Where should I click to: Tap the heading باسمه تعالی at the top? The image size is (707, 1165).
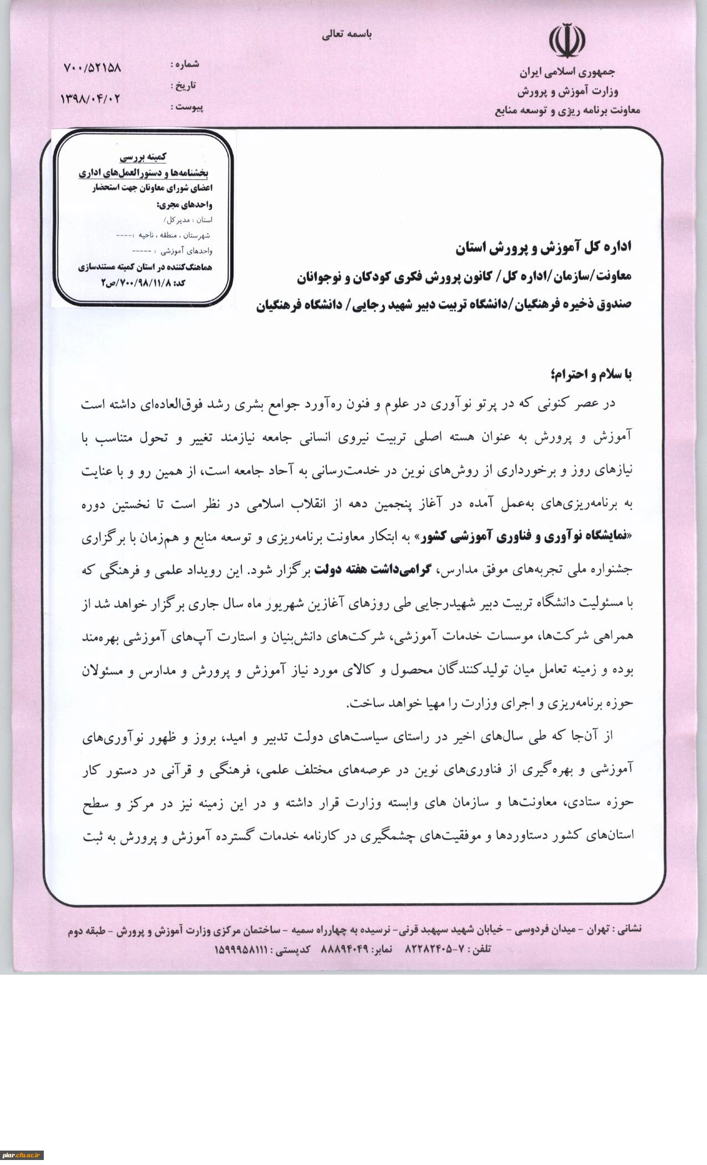point(347,34)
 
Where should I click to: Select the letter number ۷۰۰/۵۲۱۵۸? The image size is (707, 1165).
point(92,68)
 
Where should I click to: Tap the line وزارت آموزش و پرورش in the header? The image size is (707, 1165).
point(568,90)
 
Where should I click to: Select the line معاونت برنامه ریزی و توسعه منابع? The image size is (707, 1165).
point(567,110)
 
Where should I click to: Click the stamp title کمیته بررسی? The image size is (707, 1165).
point(143,157)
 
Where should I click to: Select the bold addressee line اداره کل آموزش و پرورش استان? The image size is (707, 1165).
point(543,248)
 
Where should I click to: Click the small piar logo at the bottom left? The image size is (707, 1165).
point(22,1156)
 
